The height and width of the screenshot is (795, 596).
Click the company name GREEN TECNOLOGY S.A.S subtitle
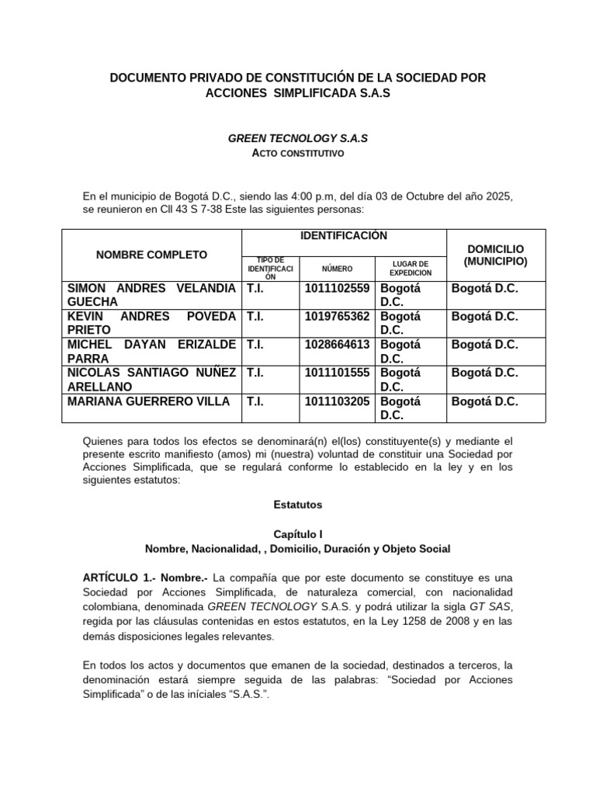pos(297,138)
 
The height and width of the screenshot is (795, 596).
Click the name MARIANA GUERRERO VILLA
pos(149,401)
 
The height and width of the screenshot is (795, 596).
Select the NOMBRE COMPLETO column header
pos(151,255)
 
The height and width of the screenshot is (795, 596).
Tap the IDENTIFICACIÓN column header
pos(344,236)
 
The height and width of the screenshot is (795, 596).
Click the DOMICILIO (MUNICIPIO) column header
pos(495,255)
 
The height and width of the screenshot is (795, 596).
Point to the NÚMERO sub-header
pos(337,269)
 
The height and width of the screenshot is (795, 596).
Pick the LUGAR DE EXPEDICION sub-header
pos(410,269)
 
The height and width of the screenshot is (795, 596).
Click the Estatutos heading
pos(297,505)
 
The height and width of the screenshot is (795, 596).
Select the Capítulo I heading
pos(297,535)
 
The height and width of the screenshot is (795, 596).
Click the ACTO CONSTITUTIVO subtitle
pos(297,154)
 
